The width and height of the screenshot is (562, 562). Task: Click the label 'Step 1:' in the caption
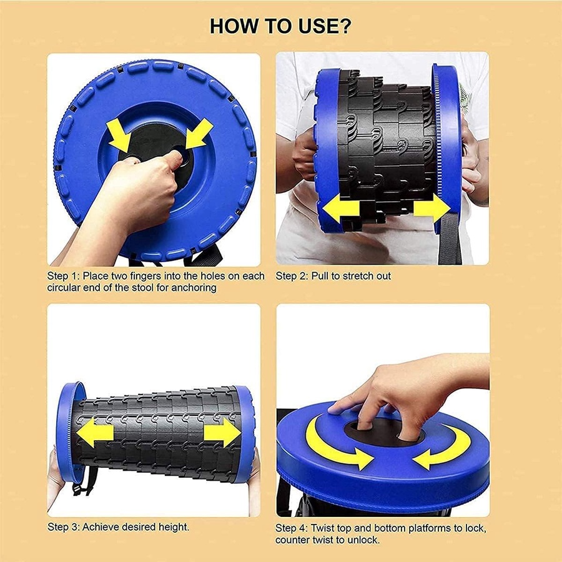64,276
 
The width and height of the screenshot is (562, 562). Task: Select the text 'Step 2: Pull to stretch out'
333,276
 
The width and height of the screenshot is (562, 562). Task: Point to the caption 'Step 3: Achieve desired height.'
119,527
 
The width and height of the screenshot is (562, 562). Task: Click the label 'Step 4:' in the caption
292,528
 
